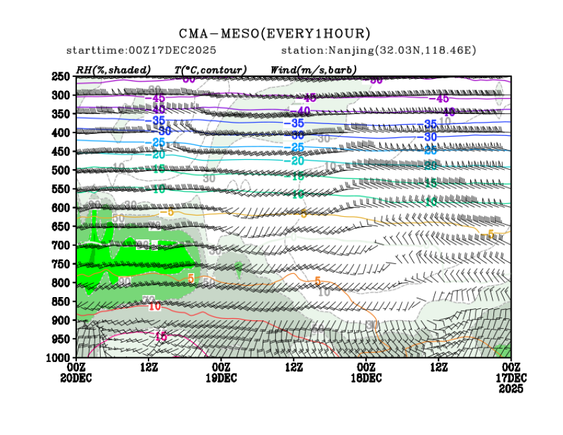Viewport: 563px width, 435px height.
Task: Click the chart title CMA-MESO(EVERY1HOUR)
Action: tap(275, 34)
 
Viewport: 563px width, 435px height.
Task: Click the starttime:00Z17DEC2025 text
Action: tap(141, 50)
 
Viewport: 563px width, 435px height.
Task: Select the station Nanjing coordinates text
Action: tap(379, 50)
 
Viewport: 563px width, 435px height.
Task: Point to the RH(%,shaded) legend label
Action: tap(113, 70)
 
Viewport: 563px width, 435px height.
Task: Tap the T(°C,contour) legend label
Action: tap(210, 70)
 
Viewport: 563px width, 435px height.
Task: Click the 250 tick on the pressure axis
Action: tap(61, 76)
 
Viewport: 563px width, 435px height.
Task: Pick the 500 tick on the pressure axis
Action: tap(61, 170)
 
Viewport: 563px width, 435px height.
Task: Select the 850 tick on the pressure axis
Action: tap(61, 302)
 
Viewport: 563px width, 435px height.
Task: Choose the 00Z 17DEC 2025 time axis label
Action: tap(510, 377)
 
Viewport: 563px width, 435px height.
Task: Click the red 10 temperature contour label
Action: tap(155, 306)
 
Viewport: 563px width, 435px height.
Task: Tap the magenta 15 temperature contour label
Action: tap(160, 337)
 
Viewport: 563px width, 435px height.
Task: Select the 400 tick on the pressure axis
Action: tap(61, 133)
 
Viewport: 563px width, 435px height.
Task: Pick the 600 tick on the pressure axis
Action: tap(61, 208)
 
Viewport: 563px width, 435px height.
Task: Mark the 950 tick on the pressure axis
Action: tap(61, 339)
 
